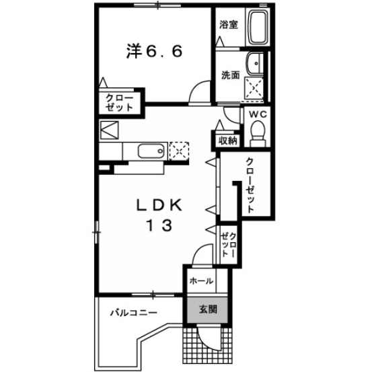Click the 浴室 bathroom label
click(x=229, y=25)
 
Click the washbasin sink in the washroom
click(x=255, y=64)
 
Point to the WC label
click(x=258, y=114)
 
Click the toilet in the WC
click(x=257, y=135)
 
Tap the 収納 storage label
click(x=227, y=141)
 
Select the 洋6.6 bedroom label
click(x=153, y=52)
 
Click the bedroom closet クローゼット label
click(x=120, y=103)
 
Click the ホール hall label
click(x=200, y=281)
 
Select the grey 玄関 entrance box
click(x=207, y=310)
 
